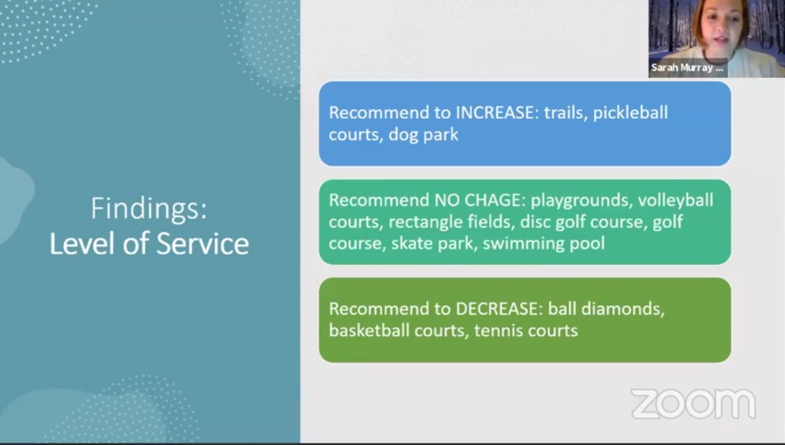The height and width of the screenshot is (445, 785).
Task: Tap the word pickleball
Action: (630, 112)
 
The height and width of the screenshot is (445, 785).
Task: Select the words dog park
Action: (423, 134)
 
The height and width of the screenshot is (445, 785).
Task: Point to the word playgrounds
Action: (579, 200)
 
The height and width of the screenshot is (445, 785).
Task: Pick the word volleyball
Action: (675, 200)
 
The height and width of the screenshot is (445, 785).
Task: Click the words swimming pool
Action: (544, 243)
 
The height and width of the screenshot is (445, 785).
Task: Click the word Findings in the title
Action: (149, 209)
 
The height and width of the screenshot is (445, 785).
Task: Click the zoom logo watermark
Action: (692, 405)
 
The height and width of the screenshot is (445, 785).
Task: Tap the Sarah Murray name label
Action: (687, 68)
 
